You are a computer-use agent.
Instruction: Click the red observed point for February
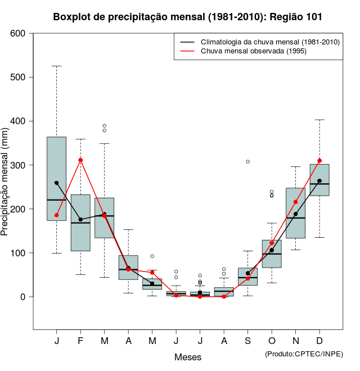point(80,160)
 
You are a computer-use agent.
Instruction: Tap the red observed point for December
point(319,161)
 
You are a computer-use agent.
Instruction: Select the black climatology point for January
point(56,183)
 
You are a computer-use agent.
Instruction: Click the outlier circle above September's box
point(247,161)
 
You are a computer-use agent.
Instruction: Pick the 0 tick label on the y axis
point(23,297)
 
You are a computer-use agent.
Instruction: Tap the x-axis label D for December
point(319,341)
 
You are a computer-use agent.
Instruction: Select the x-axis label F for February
point(80,341)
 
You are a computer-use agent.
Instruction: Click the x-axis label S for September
point(247,341)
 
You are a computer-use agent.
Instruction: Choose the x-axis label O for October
point(272,341)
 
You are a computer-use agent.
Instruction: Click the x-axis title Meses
point(188,357)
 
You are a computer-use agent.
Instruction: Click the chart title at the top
point(188,17)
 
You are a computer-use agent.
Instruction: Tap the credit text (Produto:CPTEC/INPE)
point(304,354)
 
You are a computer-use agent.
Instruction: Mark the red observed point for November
point(295,202)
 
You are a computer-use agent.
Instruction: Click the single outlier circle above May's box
point(152,256)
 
